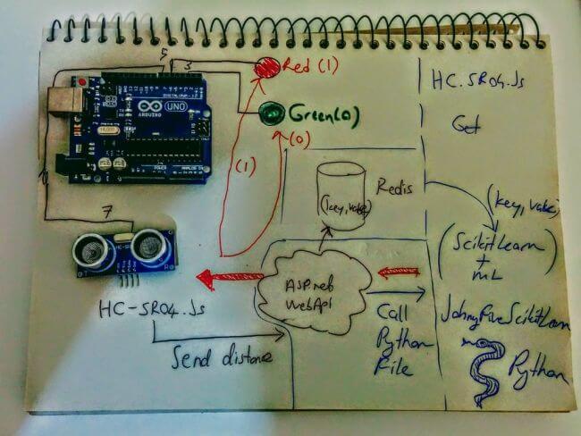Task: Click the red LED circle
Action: click(x=267, y=66)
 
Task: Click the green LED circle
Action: click(x=272, y=113)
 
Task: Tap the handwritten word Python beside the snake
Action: click(x=537, y=367)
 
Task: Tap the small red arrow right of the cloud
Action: click(x=398, y=272)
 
